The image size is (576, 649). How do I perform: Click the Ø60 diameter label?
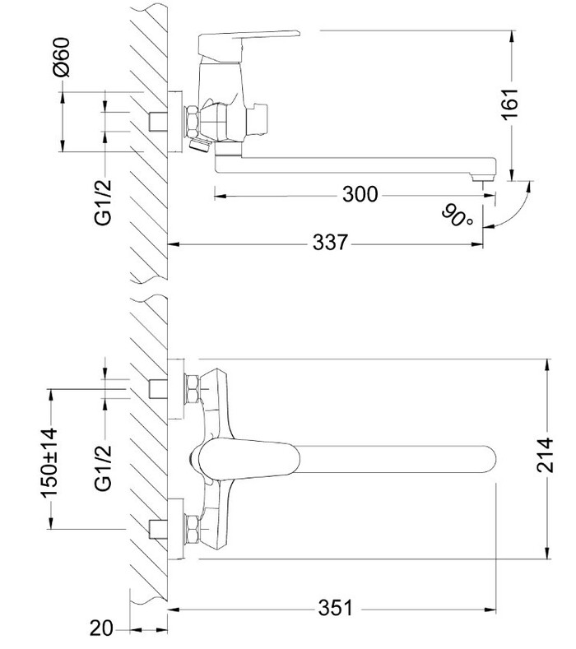[x=62, y=57]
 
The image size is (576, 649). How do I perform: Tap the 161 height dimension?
[x=509, y=104]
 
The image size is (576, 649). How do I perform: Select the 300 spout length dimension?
[x=360, y=194]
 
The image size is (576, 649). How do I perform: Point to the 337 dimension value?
[x=330, y=242]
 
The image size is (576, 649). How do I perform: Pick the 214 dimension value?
[x=545, y=455]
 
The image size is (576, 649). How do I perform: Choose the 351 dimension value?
[x=336, y=609]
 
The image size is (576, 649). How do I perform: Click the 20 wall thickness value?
[x=101, y=628]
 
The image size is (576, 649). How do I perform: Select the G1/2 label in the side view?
[x=103, y=202]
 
